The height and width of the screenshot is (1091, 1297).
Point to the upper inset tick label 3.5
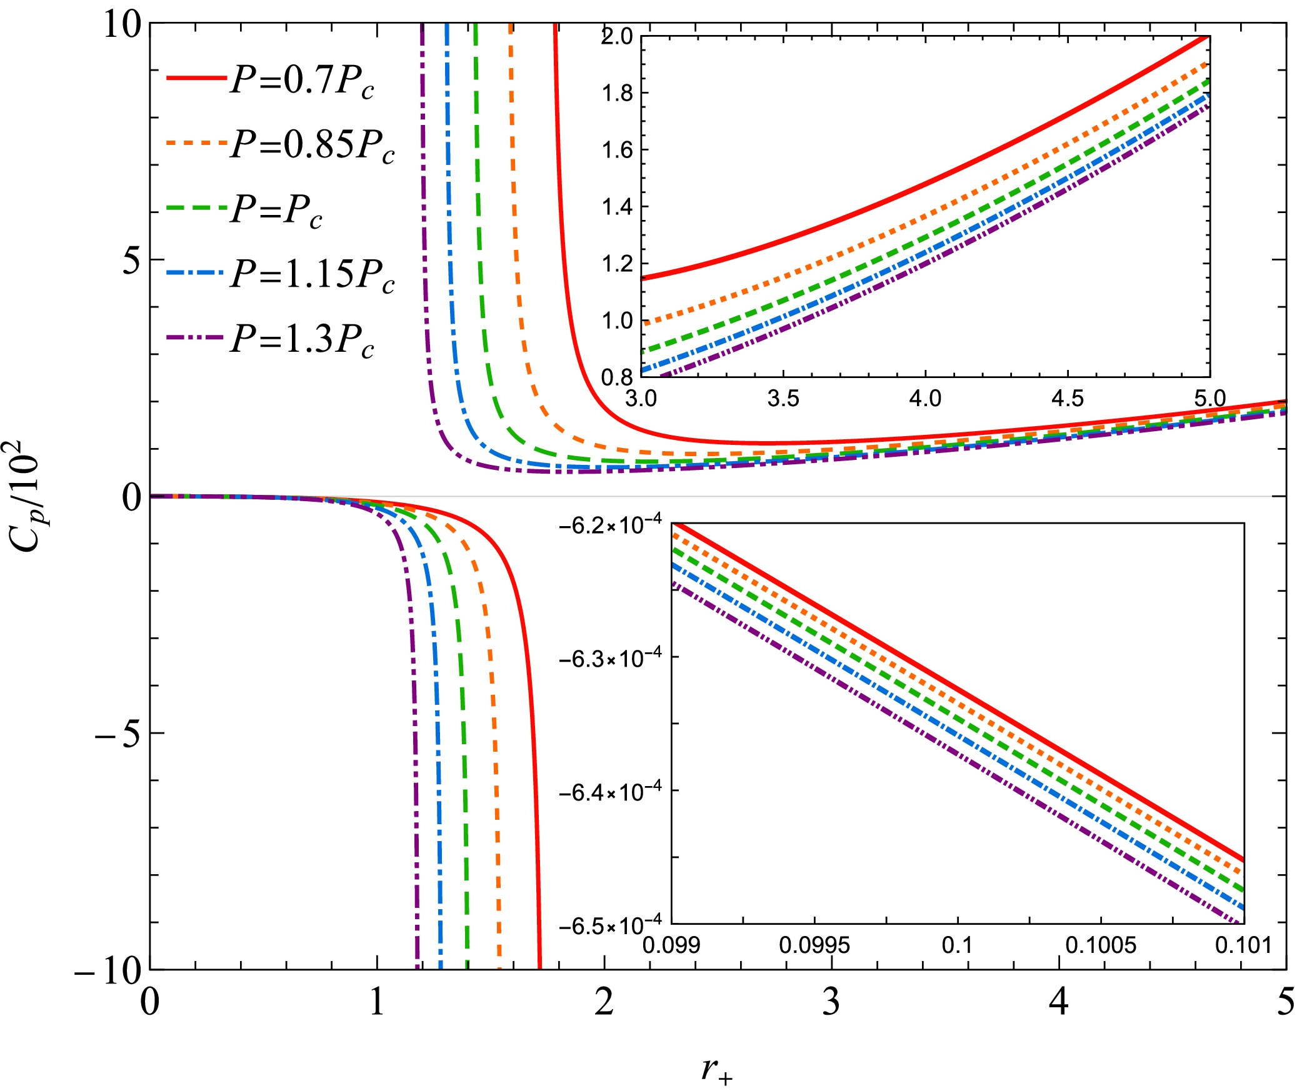783,397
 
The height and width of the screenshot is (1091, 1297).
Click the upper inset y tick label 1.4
617,207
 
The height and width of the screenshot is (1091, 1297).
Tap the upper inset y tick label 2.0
617,36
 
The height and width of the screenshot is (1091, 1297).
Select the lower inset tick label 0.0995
814,945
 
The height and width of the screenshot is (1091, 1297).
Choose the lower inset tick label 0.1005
1100,945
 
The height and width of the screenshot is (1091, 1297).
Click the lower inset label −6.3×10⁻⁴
610,658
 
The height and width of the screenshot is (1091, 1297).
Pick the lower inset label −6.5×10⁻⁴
610,925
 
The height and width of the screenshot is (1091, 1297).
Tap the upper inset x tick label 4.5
1067,397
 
